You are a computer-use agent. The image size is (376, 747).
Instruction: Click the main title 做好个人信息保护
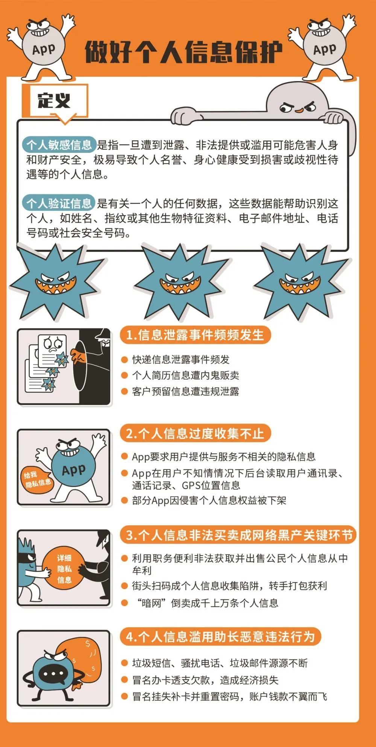click(x=183, y=51)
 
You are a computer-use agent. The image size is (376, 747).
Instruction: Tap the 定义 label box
click(x=55, y=101)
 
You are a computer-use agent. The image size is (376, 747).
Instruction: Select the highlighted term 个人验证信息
click(x=59, y=203)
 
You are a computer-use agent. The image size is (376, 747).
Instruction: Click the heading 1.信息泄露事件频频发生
click(x=195, y=335)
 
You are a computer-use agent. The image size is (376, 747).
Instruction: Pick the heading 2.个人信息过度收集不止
click(x=195, y=433)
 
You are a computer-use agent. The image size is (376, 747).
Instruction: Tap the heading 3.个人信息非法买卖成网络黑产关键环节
click(x=238, y=535)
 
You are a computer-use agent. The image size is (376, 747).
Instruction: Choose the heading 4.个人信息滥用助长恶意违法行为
click(x=220, y=637)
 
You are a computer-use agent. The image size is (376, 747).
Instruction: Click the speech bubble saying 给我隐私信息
click(x=36, y=480)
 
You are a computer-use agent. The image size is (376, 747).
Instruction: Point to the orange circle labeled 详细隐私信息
click(x=64, y=569)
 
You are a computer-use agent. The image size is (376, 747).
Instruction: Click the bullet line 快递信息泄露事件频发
click(x=180, y=360)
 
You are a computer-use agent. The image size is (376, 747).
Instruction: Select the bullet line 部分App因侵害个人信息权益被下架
click(x=209, y=501)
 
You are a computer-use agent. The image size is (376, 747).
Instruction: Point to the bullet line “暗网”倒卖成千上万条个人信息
click(x=207, y=603)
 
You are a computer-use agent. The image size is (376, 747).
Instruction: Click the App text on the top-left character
click(x=44, y=49)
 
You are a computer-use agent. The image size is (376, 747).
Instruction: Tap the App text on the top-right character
click(x=324, y=49)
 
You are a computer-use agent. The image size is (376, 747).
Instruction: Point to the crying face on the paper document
click(x=52, y=343)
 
